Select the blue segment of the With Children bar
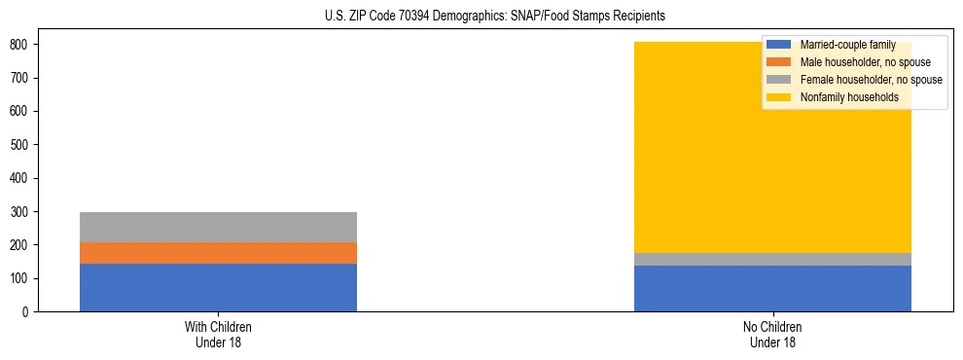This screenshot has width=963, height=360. pyautogui.click(x=218, y=287)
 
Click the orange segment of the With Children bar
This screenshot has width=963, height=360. pyautogui.click(x=218, y=252)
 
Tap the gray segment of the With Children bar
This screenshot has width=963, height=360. pyautogui.click(x=218, y=227)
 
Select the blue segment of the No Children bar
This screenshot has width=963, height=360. pyautogui.click(x=772, y=288)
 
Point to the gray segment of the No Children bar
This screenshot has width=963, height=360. pyautogui.click(x=772, y=259)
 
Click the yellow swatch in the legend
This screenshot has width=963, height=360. pyautogui.click(x=779, y=97)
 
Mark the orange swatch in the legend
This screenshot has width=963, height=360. pyautogui.click(x=779, y=62)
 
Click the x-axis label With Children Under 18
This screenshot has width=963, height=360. pyautogui.click(x=218, y=334)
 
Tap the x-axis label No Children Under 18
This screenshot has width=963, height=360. pyautogui.click(x=772, y=334)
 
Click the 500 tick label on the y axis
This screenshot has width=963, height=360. pyautogui.click(x=21, y=145)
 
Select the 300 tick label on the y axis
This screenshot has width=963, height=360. pyautogui.click(x=21, y=212)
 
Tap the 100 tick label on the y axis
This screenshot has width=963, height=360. pyautogui.click(x=21, y=279)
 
